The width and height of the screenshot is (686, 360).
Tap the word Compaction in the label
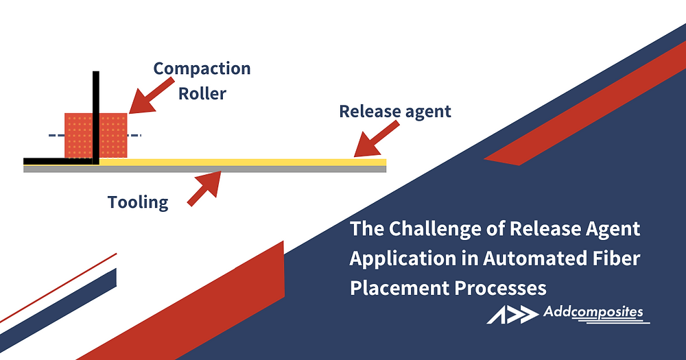(x=202, y=69)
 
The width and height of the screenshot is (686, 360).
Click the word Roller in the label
(x=202, y=93)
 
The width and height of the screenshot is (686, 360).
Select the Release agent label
(x=395, y=111)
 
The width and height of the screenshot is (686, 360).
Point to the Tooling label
(x=138, y=202)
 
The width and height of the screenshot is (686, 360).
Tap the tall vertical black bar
(x=96, y=117)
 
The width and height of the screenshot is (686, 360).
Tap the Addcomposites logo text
(x=593, y=313)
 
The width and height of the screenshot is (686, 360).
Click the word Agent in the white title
(x=613, y=229)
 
